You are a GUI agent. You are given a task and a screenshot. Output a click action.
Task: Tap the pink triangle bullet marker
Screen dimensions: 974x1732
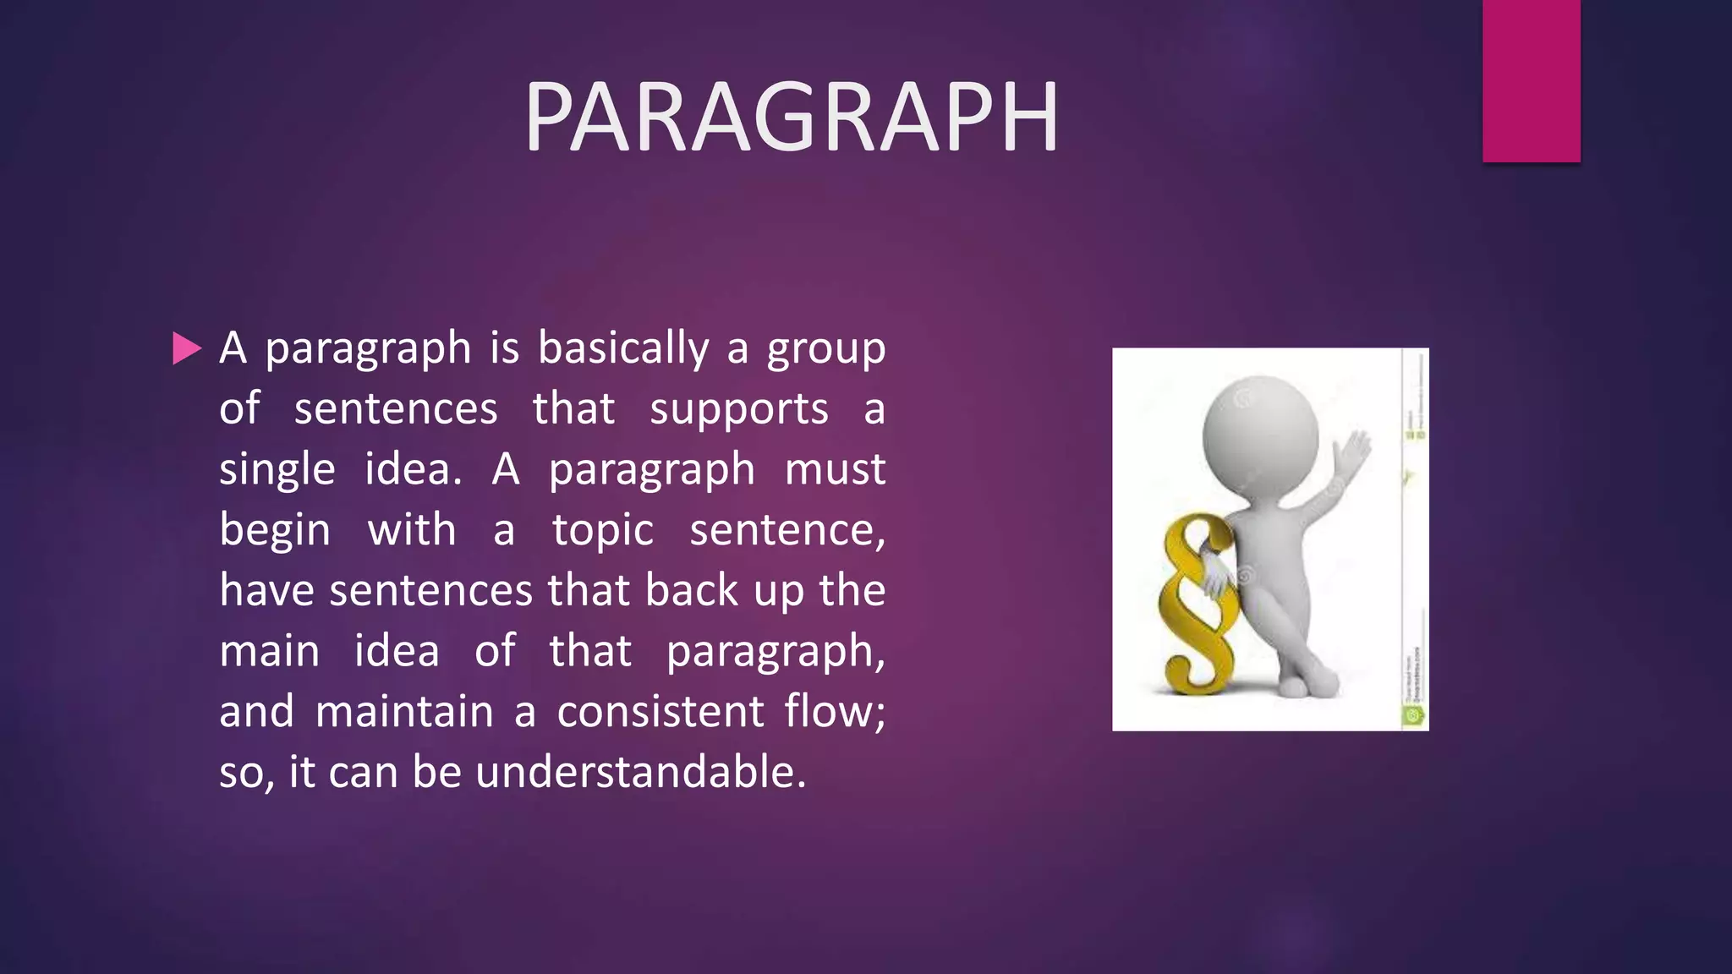187,348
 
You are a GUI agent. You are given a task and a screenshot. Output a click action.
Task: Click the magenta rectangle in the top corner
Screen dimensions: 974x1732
1531,80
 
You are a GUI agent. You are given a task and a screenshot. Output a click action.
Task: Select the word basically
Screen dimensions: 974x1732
623,348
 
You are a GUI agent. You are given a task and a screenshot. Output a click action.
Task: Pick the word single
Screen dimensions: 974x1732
277,470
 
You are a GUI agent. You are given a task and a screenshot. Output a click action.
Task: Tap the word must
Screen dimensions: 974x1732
835,470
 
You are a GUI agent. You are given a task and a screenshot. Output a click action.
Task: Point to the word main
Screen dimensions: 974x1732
270,652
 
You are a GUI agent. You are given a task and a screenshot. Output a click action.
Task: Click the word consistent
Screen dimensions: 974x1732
660,712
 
